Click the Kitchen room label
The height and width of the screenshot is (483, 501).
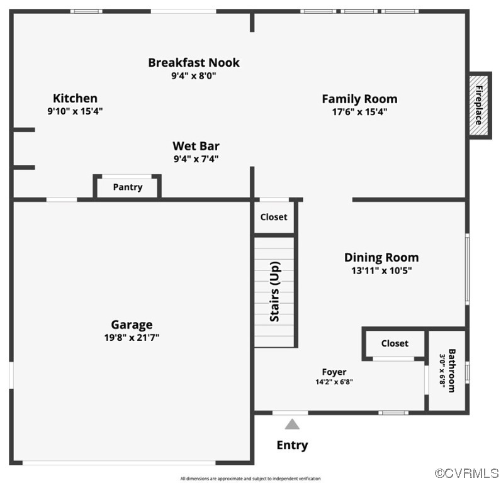(75, 99)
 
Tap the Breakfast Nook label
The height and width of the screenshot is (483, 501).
(194, 63)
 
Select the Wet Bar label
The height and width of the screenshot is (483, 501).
(196, 147)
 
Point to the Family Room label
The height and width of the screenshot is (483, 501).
(359, 99)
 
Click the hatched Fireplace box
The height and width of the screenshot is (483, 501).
(478, 105)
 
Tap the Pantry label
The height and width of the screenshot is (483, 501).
(128, 187)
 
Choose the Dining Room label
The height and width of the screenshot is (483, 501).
(381, 258)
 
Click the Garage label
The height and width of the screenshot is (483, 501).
(132, 325)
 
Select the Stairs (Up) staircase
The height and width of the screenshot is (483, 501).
(274, 292)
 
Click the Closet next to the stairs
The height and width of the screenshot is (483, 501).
(274, 217)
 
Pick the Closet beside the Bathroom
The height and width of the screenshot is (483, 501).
(395, 343)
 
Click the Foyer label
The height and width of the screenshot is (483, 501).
(334, 372)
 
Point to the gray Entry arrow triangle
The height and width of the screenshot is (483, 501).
(291, 425)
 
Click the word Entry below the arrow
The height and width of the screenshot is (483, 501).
(292, 445)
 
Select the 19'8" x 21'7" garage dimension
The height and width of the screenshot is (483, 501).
(132, 338)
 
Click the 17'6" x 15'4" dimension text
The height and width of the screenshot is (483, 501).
(359, 112)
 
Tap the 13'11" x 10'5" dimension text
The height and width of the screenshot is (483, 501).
(381, 271)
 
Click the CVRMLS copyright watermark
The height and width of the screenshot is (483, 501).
(467, 473)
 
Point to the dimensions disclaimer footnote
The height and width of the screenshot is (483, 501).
(250, 479)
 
